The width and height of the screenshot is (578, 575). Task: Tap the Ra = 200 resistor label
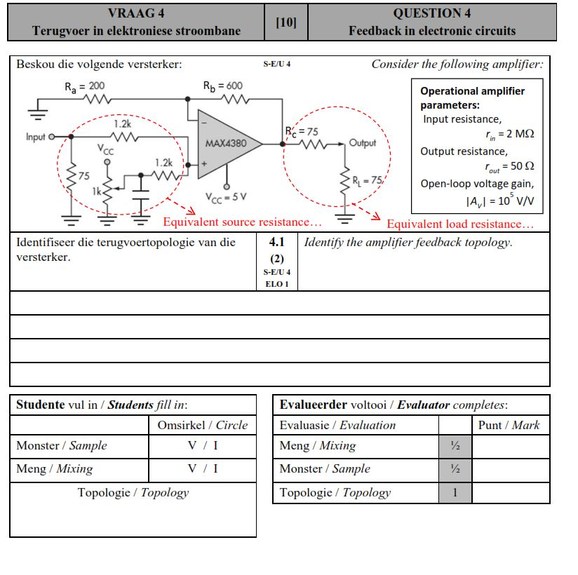point(84,87)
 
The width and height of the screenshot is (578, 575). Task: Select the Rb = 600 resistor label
point(222,86)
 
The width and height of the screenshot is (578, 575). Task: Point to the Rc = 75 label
point(302,131)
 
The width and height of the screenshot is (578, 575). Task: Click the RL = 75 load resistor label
point(366,180)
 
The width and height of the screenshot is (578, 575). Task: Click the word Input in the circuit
point(36,137)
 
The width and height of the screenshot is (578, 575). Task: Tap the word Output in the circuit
point(362,143)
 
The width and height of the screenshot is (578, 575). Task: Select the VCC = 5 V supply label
point(226,197)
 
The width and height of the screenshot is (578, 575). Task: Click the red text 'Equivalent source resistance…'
point(242,222)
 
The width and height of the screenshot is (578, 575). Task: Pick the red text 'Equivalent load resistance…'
point(459,224)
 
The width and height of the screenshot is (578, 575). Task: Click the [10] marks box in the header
point(286,22)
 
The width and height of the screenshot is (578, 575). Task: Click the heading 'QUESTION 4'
point(431,13)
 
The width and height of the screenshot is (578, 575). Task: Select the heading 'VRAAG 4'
point(136,13)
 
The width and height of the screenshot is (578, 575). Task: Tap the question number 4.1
point(277,243)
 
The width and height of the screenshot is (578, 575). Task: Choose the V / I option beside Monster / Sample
point(203,445)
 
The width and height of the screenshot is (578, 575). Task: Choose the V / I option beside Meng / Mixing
point(203,468)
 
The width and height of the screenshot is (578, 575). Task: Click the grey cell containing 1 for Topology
point(455,492)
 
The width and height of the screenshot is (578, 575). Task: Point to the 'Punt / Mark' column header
point(509,425)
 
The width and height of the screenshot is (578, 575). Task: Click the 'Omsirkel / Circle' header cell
point(203,425)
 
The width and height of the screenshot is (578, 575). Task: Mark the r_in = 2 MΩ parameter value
point(509,134)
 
